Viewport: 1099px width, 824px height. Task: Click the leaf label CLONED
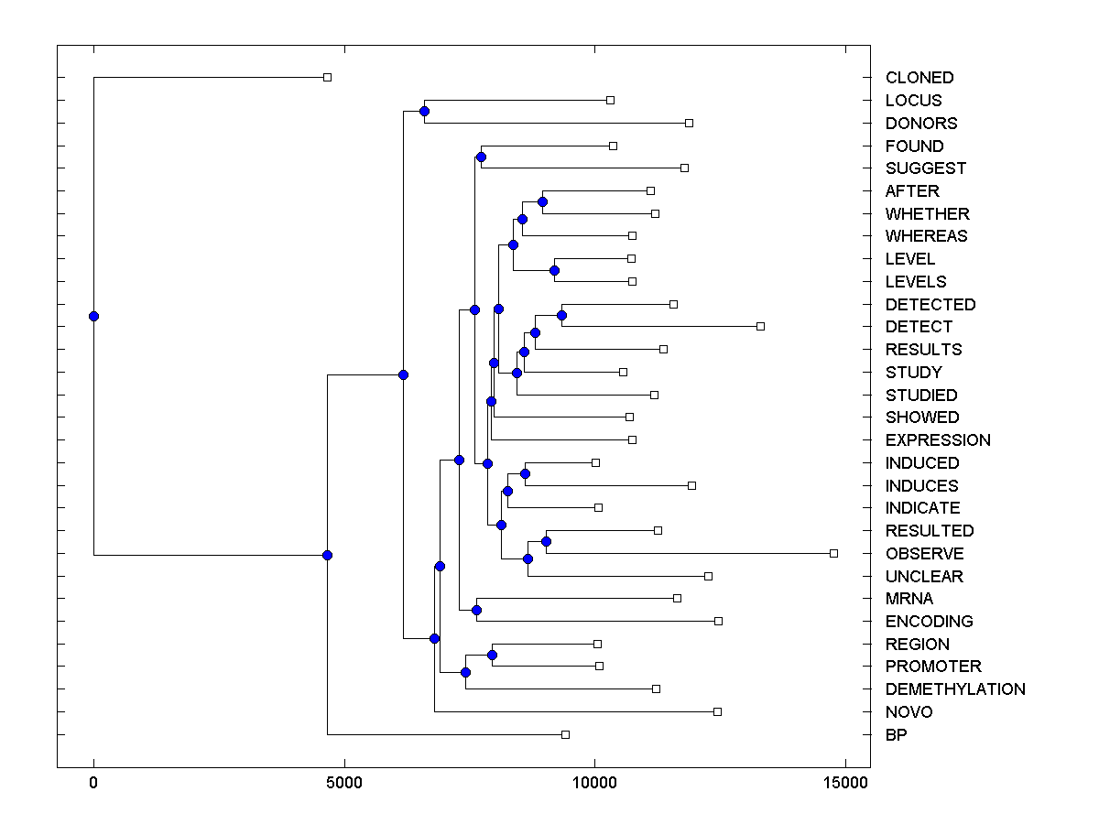click(919, 78)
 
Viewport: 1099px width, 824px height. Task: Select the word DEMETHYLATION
click(954, 689)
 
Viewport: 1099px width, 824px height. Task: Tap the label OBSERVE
click(924, 554)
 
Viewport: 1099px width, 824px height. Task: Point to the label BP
click(896, 734)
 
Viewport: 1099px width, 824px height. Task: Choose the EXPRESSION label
click(937, 440)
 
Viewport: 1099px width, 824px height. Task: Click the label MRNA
click(909, 599)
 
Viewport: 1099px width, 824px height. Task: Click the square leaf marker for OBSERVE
click(833, 553)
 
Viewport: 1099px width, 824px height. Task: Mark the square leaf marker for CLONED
click(327, 77)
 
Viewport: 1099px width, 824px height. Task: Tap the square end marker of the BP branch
click(565, 734)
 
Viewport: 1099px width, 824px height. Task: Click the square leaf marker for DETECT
click(760, 326)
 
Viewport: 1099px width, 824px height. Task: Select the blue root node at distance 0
click(93, 316)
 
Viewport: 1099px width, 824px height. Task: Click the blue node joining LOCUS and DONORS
click(424, 112)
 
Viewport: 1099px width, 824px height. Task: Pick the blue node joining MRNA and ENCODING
click(476, 610)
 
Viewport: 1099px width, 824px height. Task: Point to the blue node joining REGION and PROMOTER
click(492, 655)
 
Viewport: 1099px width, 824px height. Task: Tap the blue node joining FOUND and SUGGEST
click(481, 157)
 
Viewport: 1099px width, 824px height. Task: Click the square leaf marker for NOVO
click(717, 711)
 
